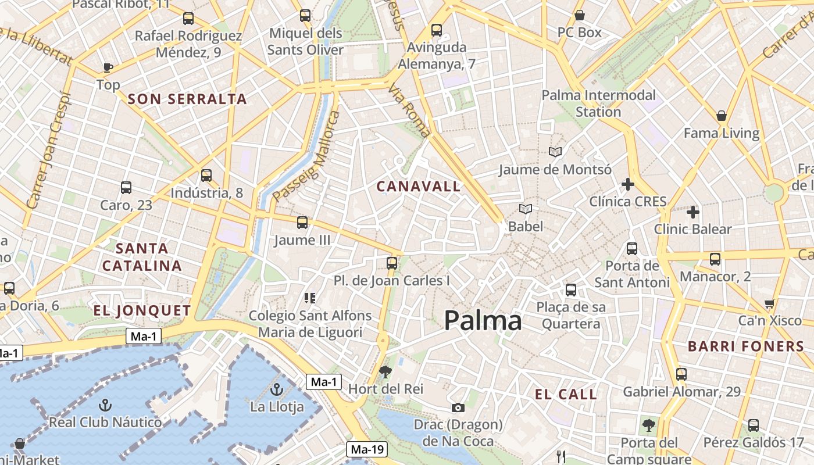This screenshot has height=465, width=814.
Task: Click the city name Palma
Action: [483, 321]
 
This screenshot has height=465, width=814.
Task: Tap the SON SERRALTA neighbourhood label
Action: [187, 99]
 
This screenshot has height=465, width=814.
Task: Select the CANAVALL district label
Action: [419, 187]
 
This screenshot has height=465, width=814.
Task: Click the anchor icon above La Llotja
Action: [277, 389]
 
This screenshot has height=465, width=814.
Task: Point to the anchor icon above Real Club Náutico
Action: [105, 405]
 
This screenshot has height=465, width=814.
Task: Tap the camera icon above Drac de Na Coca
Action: [458, 407]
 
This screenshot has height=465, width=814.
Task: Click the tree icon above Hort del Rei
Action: [385, 371]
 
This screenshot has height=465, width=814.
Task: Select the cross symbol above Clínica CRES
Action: [628, 185]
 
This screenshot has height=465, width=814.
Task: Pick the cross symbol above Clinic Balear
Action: [692, 212]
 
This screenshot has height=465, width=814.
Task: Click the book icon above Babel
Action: [526, 209]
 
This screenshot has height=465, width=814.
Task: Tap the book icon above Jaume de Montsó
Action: [555, 152]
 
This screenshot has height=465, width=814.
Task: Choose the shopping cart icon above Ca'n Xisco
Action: [770, 303]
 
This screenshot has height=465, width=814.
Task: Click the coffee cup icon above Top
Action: [108, 67]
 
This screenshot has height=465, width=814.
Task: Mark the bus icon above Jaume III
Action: [302, 222]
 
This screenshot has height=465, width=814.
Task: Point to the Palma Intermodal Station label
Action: [598, 103]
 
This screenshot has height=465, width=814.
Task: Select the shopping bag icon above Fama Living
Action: [722, 116]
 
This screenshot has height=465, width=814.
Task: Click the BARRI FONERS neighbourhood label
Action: [746, 346]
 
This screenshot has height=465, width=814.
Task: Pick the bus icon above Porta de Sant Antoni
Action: [632, 249]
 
